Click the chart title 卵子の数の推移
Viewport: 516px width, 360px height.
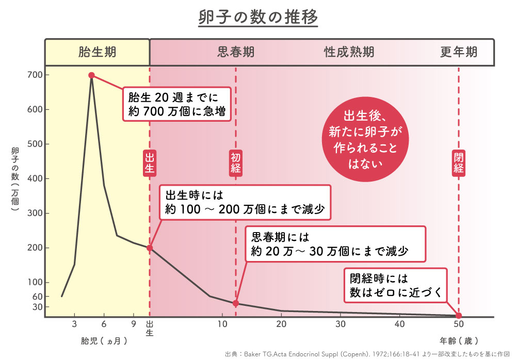(257, 18)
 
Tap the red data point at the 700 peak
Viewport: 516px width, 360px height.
(91, 75)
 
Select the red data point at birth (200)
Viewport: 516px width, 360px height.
(150, 248)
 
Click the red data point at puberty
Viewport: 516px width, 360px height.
(236, 303)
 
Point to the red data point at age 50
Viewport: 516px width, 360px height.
(459, 316)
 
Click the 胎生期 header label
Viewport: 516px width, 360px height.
(97, 52)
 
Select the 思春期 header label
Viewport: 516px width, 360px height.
(236, 52)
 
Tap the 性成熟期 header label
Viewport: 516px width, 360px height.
(349, 52)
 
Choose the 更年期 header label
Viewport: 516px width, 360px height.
(459, 52)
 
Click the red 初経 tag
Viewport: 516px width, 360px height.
(236, 163)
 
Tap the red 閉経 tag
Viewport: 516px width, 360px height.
(459, 163)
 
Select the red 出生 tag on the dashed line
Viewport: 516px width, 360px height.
(150, 163)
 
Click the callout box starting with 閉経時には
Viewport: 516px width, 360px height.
(396, 286)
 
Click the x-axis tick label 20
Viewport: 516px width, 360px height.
(281, 324)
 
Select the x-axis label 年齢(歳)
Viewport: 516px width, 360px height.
(459, 341)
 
